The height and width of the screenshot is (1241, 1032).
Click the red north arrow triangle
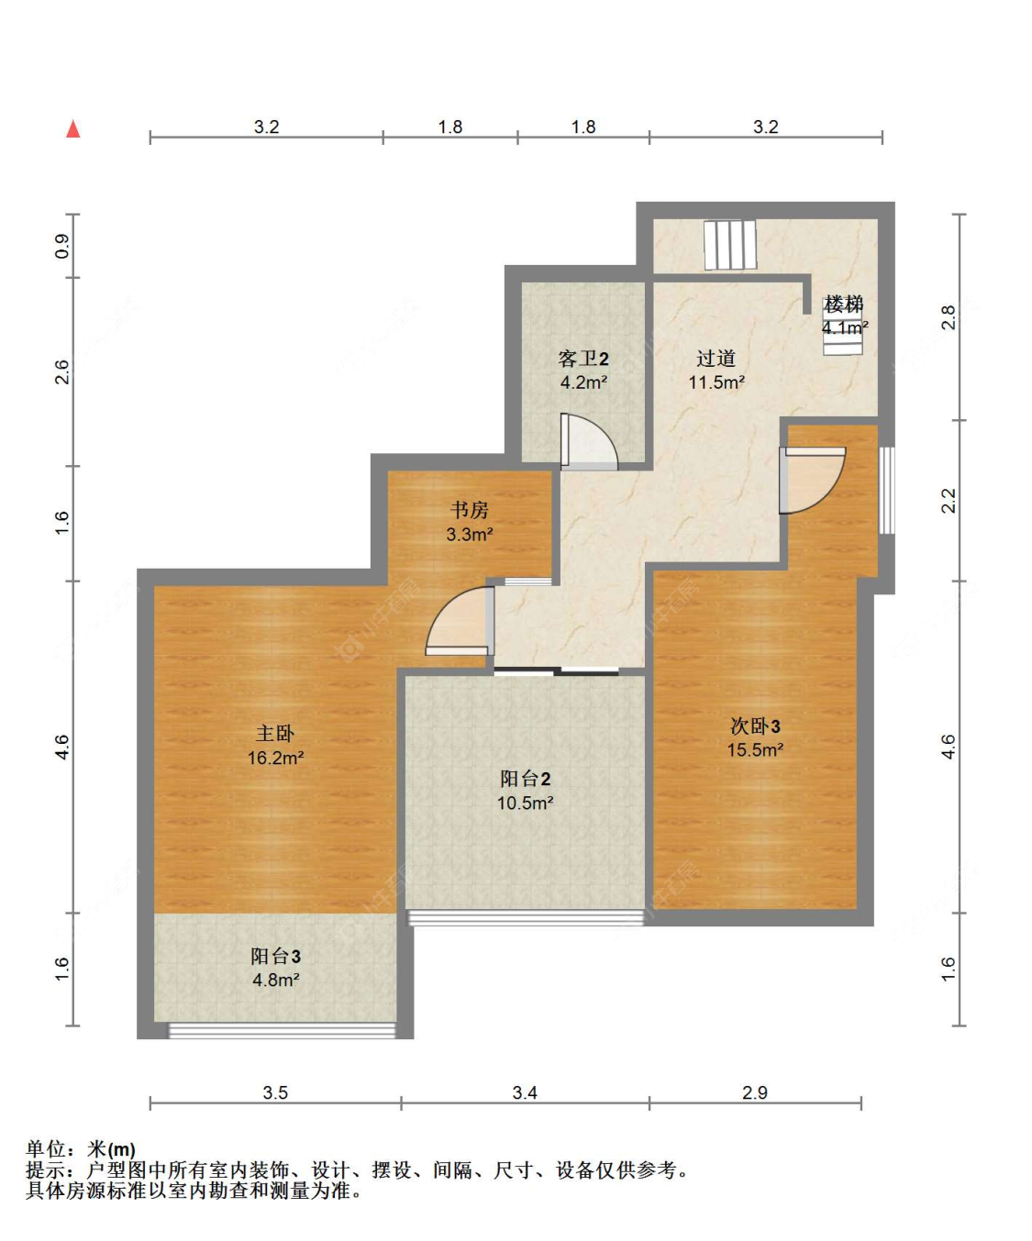[73, 129]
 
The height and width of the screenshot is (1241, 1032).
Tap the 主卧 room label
[275, 734]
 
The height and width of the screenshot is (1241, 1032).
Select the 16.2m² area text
[276, 758]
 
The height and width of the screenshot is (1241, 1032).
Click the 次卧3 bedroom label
[755, 726]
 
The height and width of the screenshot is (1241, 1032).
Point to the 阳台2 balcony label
[525, 779]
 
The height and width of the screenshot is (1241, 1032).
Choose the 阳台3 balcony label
[275, 956]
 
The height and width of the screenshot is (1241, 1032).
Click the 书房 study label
[469, 509]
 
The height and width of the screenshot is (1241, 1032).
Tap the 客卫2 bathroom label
[583, 359]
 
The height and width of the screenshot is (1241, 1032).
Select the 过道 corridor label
[716, 358]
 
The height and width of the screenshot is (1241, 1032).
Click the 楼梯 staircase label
[844, 304]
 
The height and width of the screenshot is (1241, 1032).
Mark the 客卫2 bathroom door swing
[589, 442]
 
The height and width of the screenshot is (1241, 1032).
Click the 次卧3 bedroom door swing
[812, 480]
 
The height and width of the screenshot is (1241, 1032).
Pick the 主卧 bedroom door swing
[460, 621]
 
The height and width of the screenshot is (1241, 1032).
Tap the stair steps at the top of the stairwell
[730, 245]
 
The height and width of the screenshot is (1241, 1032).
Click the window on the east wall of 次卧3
[886, 491]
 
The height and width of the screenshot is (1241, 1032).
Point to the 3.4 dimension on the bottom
[525, 1092]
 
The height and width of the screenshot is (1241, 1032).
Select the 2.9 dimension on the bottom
[755, 1092]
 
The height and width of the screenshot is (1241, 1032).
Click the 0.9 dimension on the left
[61, 246]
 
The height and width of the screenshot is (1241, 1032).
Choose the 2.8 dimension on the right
[949, 316]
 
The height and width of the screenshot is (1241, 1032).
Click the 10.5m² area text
[526, 803]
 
